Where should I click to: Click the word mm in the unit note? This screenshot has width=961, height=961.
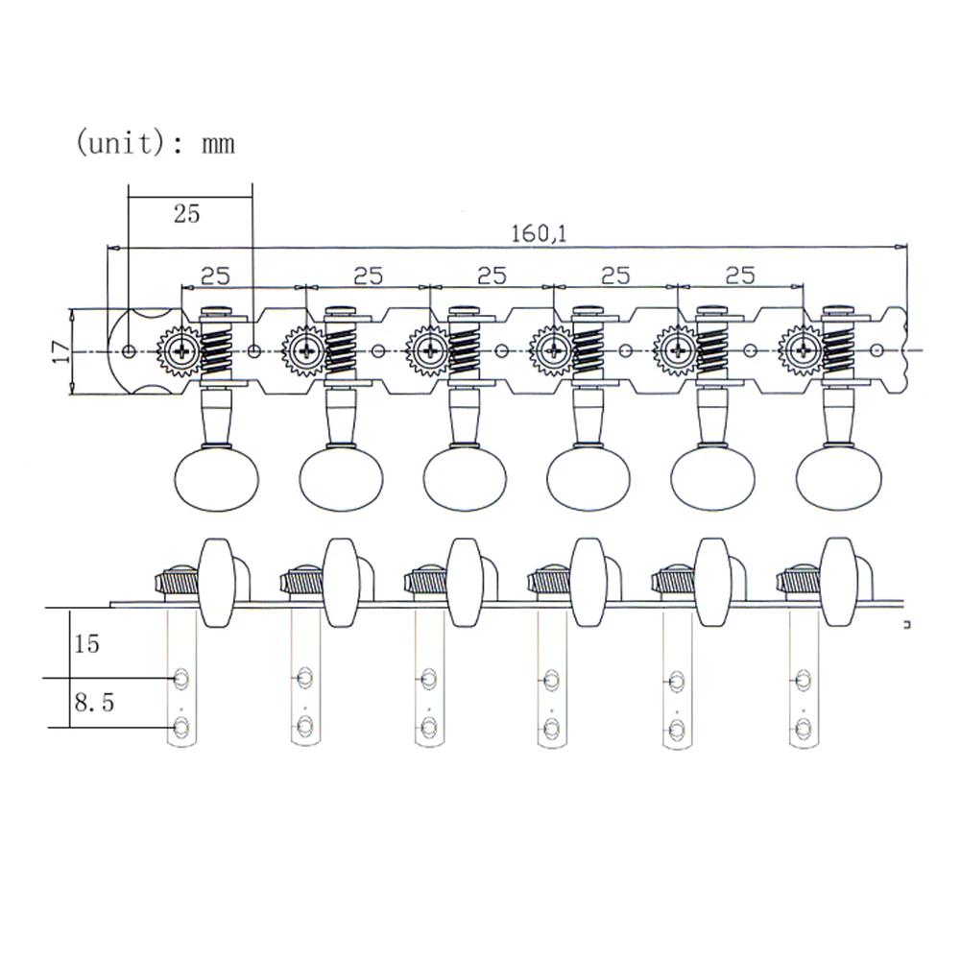pyautogui.click(x=217, y=144)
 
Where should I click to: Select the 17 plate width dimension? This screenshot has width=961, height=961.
pyautogui.click(x=59, y=351)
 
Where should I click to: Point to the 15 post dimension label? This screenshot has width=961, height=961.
pyautogui.click(x=86, y=643)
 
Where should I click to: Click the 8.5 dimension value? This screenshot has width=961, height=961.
pyautogui.click(x=94, y=704)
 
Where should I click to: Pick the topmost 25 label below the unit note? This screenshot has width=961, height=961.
pyautogui.click(x=186, y=213)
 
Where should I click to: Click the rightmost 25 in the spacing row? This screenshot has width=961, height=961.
pyautogui.click(x=739, y=276)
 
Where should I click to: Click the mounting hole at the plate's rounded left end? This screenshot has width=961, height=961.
pyautogui.click(x=128, y=351)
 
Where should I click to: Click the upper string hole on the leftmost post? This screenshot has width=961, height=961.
pyautogui.click(x=180, y=680)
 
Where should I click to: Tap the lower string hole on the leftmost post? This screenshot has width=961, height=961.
pyautogui.click(x=180, y=725)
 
